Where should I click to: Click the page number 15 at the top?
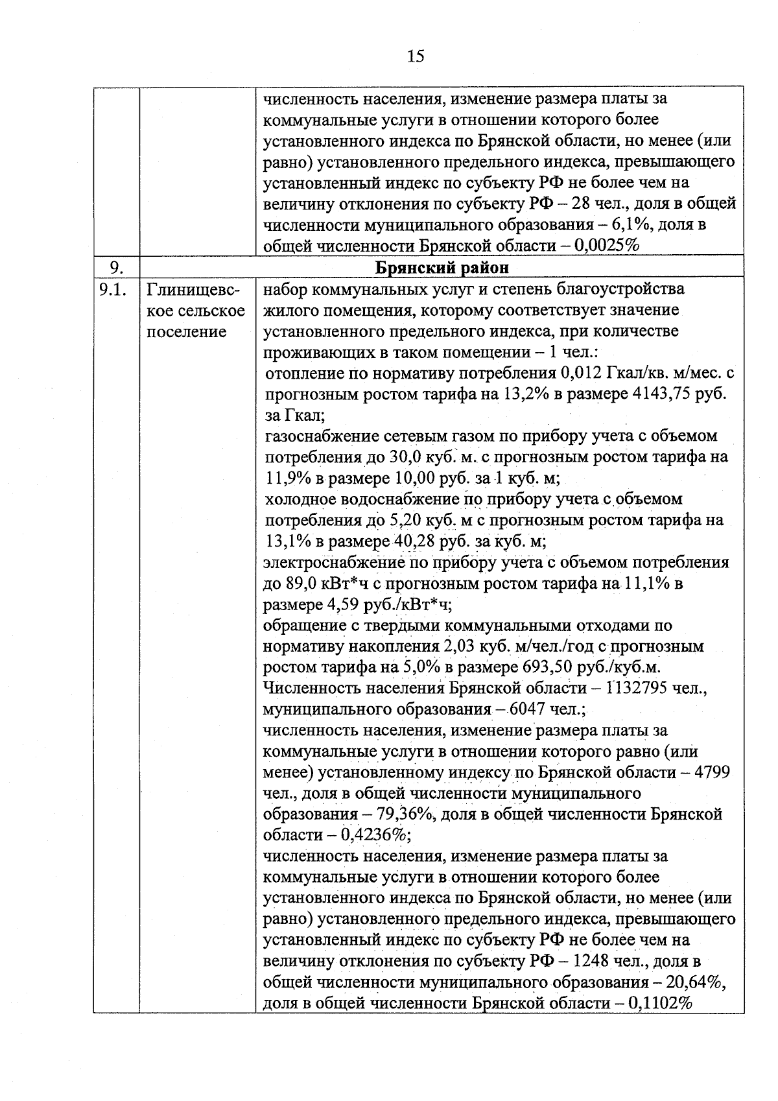[x=416, y=56]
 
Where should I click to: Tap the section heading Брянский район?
[x=442, y=268]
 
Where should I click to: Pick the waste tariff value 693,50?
[x=544, y=667]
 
